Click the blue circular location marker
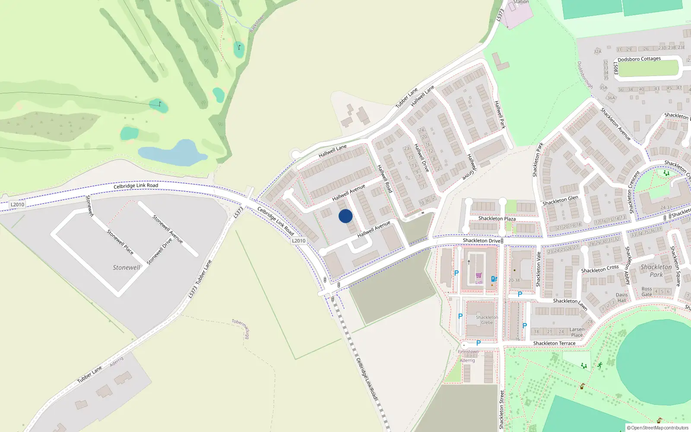click(x=345, y=216)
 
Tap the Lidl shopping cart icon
click(x=479, y=276)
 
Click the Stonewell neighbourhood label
click(x=126, y=267)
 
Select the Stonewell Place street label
click(x=120, y=242)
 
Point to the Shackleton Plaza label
click(x=497, y=219)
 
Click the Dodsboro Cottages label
click(x=639, y=59)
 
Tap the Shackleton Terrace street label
click(x=554, y=343)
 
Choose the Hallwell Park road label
click(x=500, y=114)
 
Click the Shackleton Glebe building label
click(x=487, y=320)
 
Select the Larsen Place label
click(x=577, y=332)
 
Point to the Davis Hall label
click(x=622, y=298)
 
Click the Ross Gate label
click(x=647, y=292)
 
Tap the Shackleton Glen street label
click(x=560, y=200)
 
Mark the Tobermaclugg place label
click(x=241, y=328)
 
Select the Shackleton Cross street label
click(x=599, y=269)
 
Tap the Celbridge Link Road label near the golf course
click(x=136, y=186)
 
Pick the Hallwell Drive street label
click(x=421, y=158)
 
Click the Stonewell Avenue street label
click(x=168, y=229)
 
